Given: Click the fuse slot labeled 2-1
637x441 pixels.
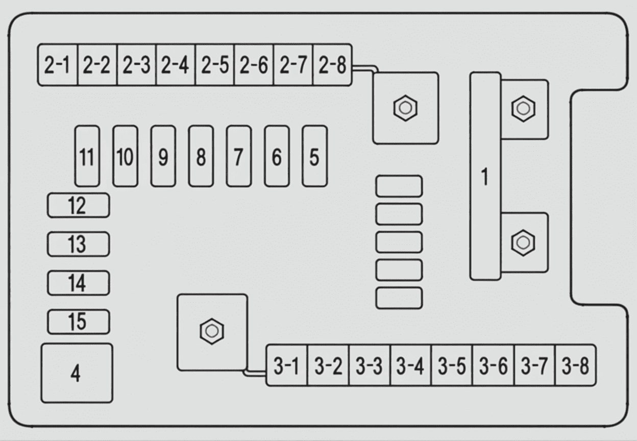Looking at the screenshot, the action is click(58, 65).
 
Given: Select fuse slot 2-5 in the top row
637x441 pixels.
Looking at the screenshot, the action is click(215, 65).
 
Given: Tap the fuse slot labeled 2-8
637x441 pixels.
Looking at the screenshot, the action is click(332, 65).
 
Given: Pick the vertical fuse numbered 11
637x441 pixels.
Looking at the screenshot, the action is click(87, 156).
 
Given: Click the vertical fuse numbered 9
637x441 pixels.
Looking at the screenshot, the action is click(163, 156).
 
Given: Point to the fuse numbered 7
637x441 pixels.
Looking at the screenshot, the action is click(239, 156).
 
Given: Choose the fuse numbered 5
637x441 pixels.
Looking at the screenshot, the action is click(315, 156).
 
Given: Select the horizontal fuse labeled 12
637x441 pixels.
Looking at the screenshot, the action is click(79, 205).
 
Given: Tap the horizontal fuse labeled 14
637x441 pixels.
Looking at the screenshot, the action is click(79, 283).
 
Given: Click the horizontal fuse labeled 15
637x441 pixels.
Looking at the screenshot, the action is click(79, 322).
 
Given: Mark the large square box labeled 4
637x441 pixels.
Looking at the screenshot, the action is click(77, 373).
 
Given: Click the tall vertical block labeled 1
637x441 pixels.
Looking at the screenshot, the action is click(485, 176).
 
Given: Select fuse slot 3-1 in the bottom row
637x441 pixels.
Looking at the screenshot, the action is click(287, 365).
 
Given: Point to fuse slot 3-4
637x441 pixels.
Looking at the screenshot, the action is click(411, 365).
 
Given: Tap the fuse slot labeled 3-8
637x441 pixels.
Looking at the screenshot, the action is click(576, 365).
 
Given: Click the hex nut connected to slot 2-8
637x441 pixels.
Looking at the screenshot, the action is click(405, 108).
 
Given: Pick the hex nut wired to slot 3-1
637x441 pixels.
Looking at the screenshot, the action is click(212, 331).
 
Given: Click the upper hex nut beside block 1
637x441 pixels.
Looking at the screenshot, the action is click(523, 109).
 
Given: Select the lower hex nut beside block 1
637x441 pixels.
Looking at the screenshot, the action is click(523, 243).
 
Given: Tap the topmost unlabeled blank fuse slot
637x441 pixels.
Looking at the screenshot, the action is click(399, 186).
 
